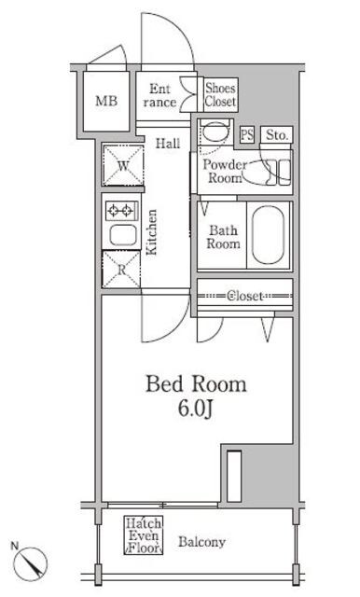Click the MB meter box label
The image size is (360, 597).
point(106,102)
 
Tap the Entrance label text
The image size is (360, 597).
point(159,95)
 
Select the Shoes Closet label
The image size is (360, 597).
point(221,95)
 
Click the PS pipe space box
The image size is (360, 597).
point(247,134)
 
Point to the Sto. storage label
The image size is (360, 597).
point(277,134)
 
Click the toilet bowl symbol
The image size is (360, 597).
point(215,132)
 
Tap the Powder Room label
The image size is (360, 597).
point(225,172)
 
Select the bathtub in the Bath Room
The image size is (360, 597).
point(268,236)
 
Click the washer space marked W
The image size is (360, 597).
point(123,166)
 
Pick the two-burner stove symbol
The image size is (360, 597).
point(121,210)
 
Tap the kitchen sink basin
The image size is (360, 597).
point(123,235)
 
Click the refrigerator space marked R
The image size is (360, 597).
point(121,270)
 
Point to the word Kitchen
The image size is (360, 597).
point(152,232)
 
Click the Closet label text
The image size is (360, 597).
point(244,296)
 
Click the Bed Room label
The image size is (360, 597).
point(197,384)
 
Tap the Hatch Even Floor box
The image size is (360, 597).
point(144,535)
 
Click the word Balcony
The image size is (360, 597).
point(202,542)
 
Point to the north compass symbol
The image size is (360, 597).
point(30,562)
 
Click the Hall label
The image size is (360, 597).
point(168,144)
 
